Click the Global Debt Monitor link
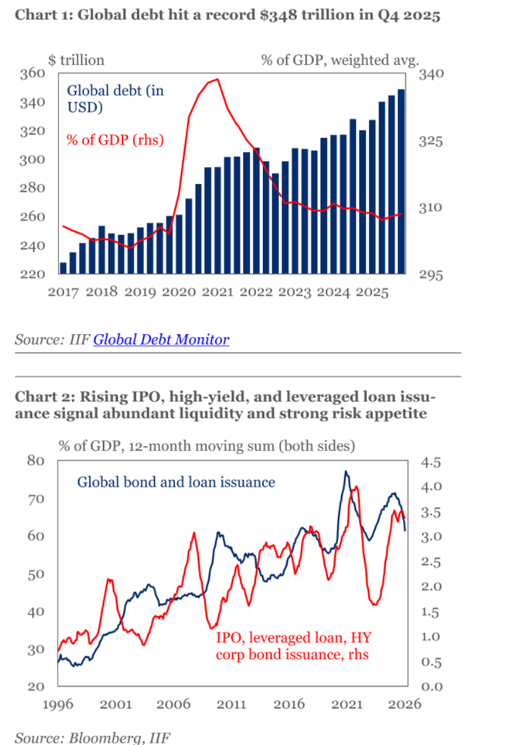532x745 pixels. pos(161,340)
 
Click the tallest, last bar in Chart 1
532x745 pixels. pos(401,181)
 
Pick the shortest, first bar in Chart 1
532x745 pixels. pos(63,268)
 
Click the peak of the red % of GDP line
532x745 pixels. pos(216,79)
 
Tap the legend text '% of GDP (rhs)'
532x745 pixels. pos(115,139)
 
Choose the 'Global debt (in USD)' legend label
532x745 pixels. pos(115,99)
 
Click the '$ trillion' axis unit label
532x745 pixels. pos(76,60)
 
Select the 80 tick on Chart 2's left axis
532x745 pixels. pos(36,461)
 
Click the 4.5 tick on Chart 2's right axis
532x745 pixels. pos(431,462)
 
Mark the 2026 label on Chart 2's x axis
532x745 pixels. pos(406,704)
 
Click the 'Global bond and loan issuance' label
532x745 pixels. pos(175,482)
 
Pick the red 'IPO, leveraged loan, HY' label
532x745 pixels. pos(293,638)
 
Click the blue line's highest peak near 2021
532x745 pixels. pos(346,472)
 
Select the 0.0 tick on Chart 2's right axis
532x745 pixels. pos(431,687)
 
